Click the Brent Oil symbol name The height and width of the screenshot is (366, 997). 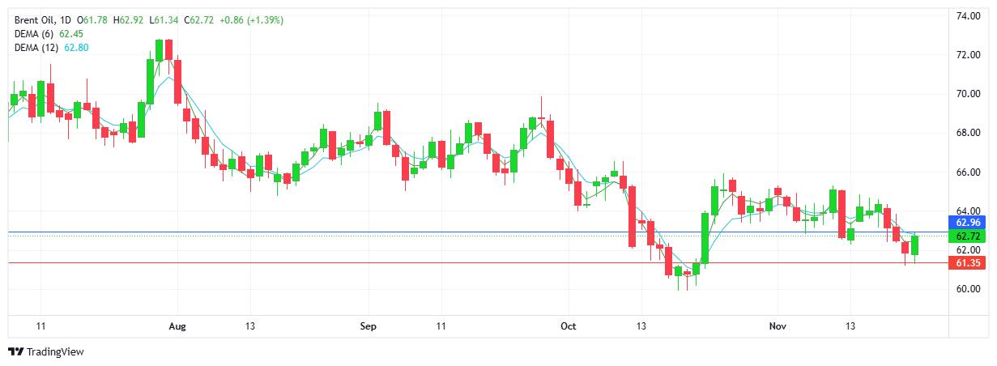(35, 19)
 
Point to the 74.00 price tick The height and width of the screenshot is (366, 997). (969, 16)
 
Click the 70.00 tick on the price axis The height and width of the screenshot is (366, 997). (969, 94)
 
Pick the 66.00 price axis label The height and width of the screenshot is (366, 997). (969, 172)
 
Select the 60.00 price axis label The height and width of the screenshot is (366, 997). (969, 289)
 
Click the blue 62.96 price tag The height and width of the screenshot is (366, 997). (969, 223)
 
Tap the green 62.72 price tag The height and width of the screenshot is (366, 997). (969, 236)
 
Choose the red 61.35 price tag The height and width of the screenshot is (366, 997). (969, 264)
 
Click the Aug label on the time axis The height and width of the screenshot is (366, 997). (177, 326)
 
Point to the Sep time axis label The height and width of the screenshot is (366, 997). (369, 326)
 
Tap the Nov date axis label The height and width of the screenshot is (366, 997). (777, 326)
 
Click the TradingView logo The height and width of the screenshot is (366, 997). (45, 352)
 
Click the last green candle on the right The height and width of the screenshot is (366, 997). (915, 245)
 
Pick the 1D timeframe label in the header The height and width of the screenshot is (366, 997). (67, 19)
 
